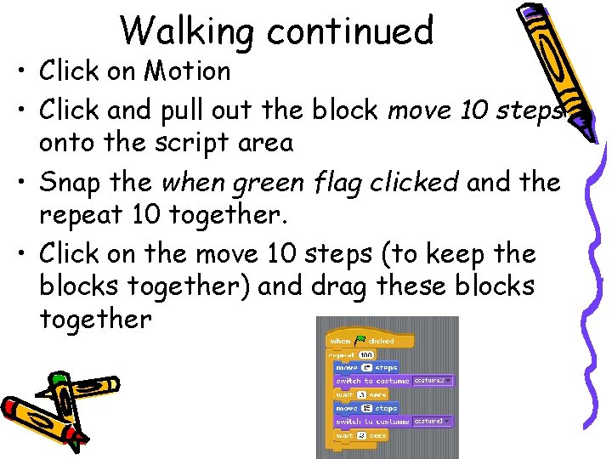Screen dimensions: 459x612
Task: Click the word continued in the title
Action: (350, 31)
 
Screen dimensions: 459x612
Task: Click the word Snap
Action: (72, 182)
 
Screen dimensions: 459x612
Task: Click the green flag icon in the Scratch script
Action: (360, 340)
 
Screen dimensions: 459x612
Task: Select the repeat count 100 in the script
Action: (365, 354)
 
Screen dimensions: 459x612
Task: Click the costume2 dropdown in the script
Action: (433, 381)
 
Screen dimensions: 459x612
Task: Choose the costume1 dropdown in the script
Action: (433, 421)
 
